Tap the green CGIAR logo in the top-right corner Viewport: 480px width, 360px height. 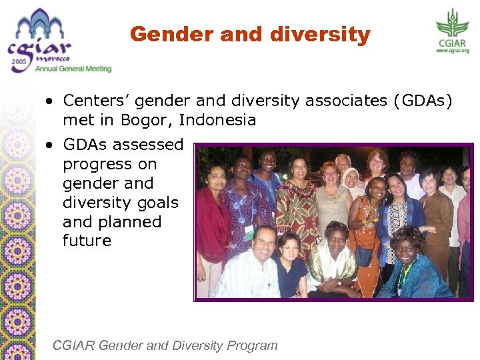tap(452, 27)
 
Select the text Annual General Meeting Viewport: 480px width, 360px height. tap(74, 69)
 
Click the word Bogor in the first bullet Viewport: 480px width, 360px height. tap(144, 121)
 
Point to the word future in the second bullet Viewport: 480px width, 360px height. tap(87, 241)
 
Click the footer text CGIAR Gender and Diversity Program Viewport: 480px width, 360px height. tap(165, 345)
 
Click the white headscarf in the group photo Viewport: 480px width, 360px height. tap(350, 177)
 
